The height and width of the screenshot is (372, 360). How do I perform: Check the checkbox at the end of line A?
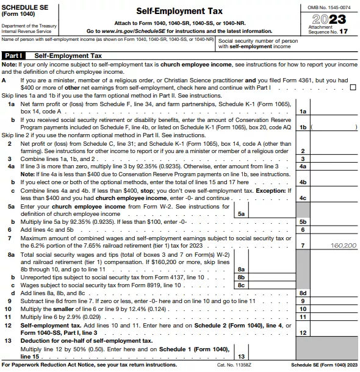coord(353,87)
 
